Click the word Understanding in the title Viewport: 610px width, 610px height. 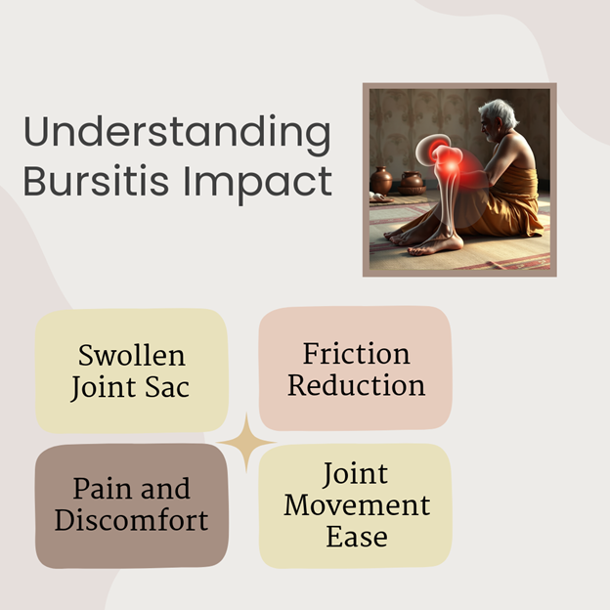click(x=177, y=133)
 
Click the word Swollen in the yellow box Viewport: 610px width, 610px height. click(x=132, y=355)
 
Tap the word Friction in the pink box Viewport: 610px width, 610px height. click(x=357, y=354)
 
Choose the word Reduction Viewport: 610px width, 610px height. click(x=357, y=385)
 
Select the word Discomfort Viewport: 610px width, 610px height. click(x=132, y=520)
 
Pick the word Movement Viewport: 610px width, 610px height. click(x=357, y=505)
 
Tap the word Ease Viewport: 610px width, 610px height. click(x=357, y=537)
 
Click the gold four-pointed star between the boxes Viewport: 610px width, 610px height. click(x=246, y=442)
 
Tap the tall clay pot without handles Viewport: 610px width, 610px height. click(x=381, y=181)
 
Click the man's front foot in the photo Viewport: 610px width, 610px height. click(x=436, y=246)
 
